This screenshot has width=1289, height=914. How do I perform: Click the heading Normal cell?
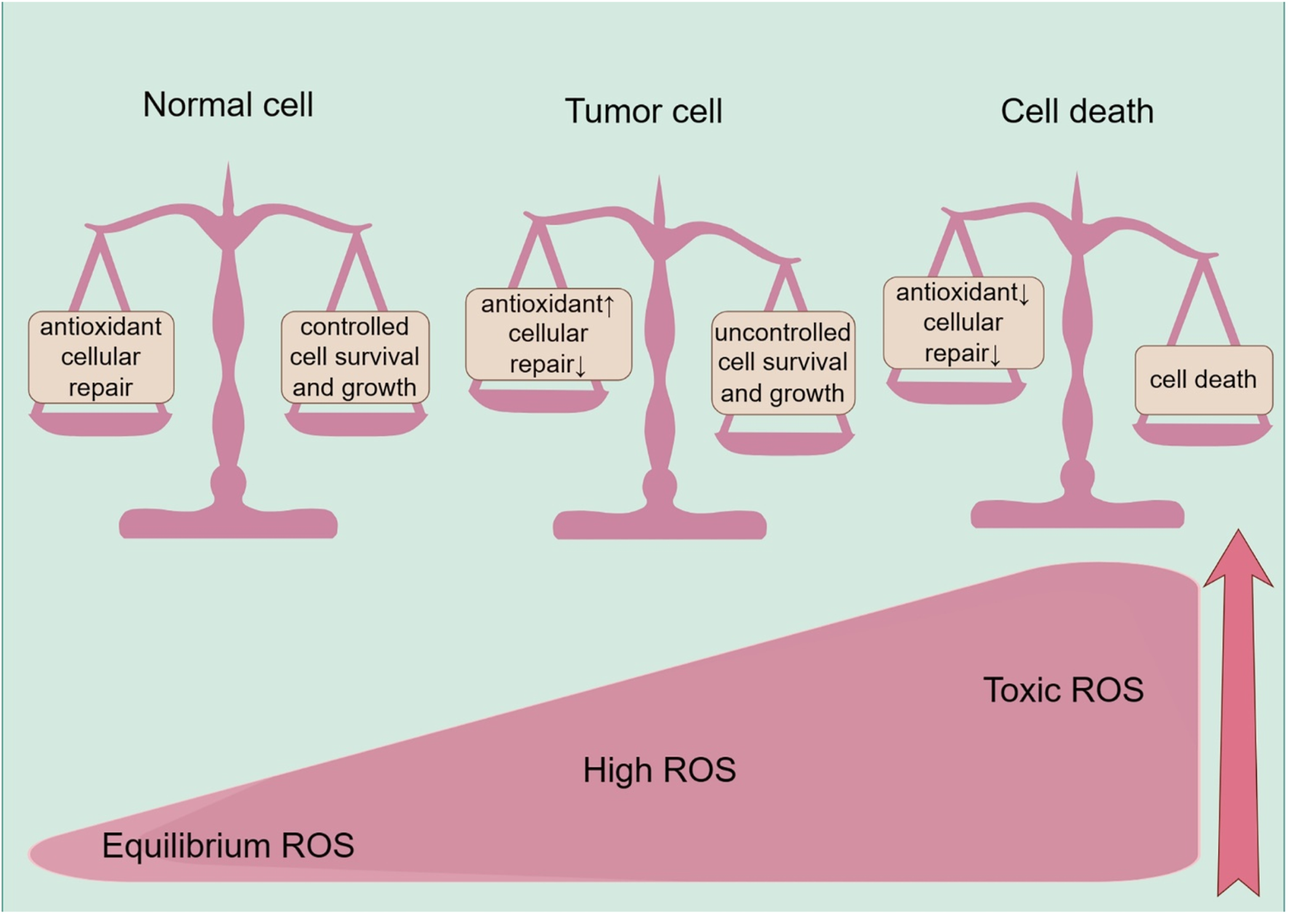click(228, 105)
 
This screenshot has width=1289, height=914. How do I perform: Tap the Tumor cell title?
click(643, 111)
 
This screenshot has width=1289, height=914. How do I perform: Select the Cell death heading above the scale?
click(1077, 111)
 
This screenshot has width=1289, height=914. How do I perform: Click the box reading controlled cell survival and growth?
click(355, 357)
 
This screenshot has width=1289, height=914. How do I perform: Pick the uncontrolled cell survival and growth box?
click(783, 362)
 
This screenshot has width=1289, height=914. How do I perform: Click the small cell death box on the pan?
click(1203, 379)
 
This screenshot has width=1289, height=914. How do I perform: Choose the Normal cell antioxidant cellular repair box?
click(100, 357)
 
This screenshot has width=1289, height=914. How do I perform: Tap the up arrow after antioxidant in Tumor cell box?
click(609, 305)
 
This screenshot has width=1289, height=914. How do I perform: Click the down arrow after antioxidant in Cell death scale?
click(1024, 294)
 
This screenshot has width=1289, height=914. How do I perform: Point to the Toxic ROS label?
click(1063, 690)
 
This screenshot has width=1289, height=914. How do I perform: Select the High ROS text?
click(659, 770)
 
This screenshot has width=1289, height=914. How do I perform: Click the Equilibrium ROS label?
click(228, 846)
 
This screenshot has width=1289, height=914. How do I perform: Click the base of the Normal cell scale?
click(228, 523)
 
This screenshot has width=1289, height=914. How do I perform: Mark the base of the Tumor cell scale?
click(659, 525)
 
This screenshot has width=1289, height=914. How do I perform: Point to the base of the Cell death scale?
click(1077, 514)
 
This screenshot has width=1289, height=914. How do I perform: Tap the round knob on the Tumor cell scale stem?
click(659, 485)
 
